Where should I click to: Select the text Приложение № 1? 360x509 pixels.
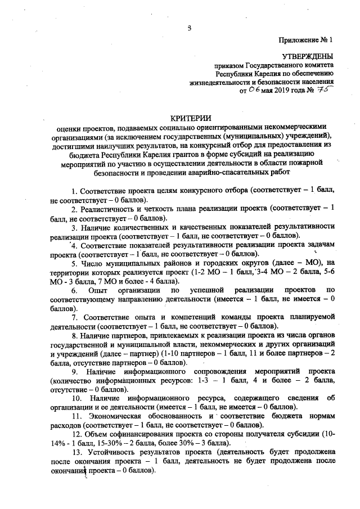click(306, 40)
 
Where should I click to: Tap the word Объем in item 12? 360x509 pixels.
click(97, 434)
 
